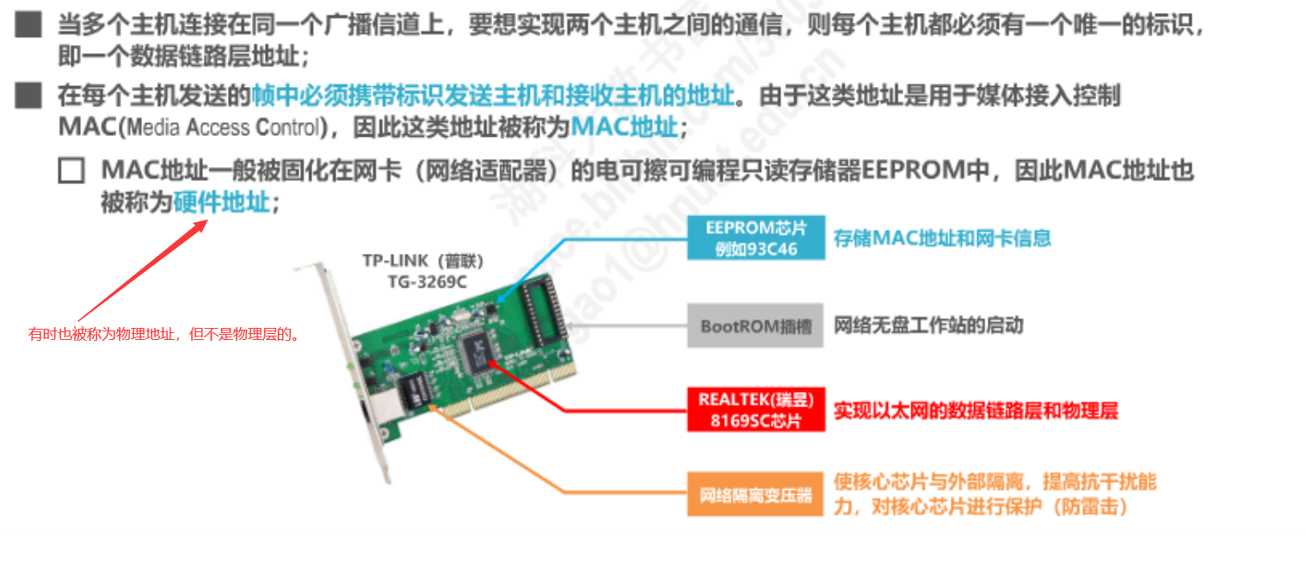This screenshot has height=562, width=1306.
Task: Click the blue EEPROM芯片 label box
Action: tap(756, 238)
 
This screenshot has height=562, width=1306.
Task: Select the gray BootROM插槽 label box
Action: tap(755, 326)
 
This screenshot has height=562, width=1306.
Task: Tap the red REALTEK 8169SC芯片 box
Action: tap(756, 410)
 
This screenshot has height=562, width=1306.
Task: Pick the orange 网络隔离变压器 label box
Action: tap(756, 494)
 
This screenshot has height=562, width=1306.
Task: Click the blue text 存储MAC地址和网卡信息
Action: tap(942, 238)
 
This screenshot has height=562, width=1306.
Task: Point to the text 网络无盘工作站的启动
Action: tap(928, 326)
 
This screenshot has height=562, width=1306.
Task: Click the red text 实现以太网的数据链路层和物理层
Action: tap(976, 411)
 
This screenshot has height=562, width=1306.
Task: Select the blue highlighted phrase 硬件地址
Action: tap(221, 203)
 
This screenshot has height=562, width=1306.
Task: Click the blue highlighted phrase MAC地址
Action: tap(625, 128)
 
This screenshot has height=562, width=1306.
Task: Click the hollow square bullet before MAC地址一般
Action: tap(71, 170)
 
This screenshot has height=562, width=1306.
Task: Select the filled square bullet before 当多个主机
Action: tap(28, 25)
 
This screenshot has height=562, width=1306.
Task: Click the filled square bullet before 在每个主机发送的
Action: tap(28, 95)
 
